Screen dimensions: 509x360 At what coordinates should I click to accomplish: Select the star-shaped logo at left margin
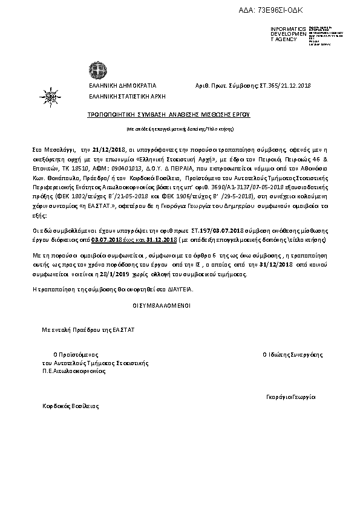coord(48,94)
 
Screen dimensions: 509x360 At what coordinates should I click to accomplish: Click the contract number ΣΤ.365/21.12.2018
coord(284,86)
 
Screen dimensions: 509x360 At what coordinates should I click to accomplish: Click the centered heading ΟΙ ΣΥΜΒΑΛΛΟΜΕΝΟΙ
coord(161,306)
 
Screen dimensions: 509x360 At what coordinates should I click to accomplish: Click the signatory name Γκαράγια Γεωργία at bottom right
coord(291,397)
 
